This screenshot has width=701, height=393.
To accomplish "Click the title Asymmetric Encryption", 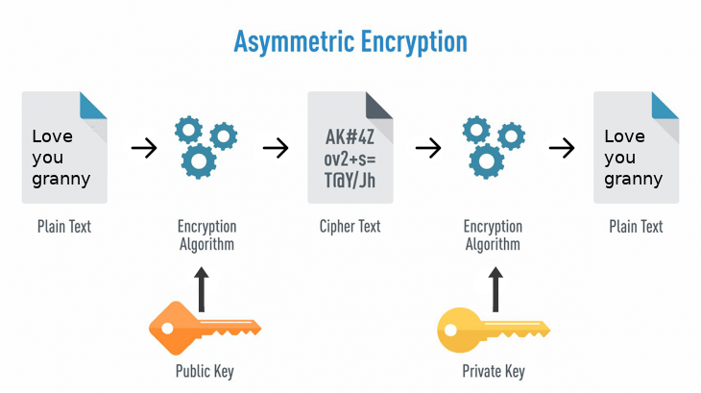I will [x=350, y=41].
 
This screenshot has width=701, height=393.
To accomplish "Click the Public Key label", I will [x=204, y=371].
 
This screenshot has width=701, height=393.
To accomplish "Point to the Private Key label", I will [x=493, y=371].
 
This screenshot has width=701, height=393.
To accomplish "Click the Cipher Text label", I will [x=350, y=227].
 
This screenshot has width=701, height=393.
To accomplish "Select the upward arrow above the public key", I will [x=201, y=288].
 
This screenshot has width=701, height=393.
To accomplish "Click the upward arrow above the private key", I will [x=495, y=288].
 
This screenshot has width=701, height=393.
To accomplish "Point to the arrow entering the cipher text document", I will [x=276, y=148].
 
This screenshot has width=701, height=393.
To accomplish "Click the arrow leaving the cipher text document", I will [x=427, y=148].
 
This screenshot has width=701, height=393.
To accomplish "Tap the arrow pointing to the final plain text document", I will [x=562, y=148].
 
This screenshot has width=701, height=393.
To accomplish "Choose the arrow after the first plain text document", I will [x=143, y=148].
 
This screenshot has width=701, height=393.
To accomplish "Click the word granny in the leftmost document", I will [x=61, y=179].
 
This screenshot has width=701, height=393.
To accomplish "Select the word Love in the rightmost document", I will [x=624, y=136].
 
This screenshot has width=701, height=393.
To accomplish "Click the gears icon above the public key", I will [x=205, y=147].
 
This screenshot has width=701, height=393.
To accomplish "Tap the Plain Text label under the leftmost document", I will [x=64, y=227].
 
